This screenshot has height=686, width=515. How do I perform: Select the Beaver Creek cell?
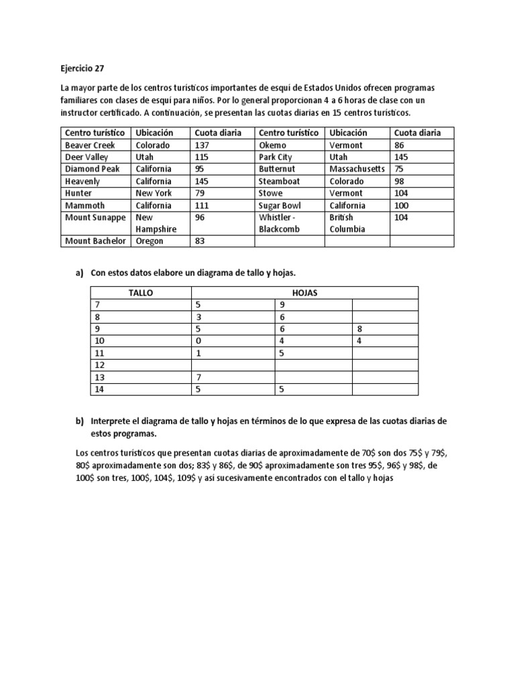(x=90, y=145)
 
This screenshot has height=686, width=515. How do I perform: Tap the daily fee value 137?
(x=203, y=145)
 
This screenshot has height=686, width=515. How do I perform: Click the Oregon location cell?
(x=150, y=241)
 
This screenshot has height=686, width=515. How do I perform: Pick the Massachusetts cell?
(x=357, y=169)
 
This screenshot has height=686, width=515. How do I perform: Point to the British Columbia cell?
(x=348, y=223)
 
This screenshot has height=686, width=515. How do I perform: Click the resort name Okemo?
(x=272, y=145)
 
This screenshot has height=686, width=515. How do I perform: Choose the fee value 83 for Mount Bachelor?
(x=201, y=241)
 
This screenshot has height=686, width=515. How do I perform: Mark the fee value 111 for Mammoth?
(x=202, y=205)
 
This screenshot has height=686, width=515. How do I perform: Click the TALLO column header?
(x=141, y=293)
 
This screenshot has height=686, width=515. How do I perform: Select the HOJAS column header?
(x=304, y=293)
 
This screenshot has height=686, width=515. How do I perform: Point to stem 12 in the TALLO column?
(x=101, y=365)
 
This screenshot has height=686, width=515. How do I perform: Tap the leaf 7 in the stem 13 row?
(x=198, y=377)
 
